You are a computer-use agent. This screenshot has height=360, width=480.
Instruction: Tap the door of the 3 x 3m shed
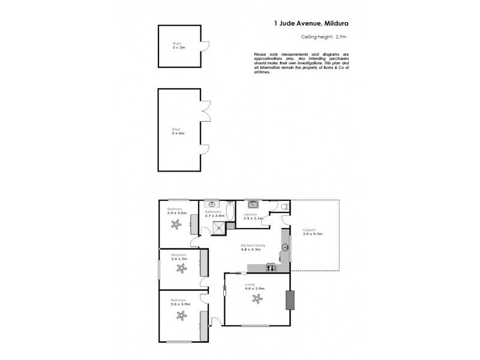point(205,46)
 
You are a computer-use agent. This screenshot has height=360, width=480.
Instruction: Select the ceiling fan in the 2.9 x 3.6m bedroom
point(176,225)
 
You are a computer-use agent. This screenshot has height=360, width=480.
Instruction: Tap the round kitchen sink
point(285,246)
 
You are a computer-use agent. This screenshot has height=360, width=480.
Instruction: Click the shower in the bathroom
point(218,227)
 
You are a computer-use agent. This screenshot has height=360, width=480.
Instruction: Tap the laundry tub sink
point(254,205)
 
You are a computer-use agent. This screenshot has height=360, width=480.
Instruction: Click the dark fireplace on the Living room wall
point(290,300)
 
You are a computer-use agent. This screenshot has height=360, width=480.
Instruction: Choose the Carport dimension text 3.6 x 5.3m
point(313,233)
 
